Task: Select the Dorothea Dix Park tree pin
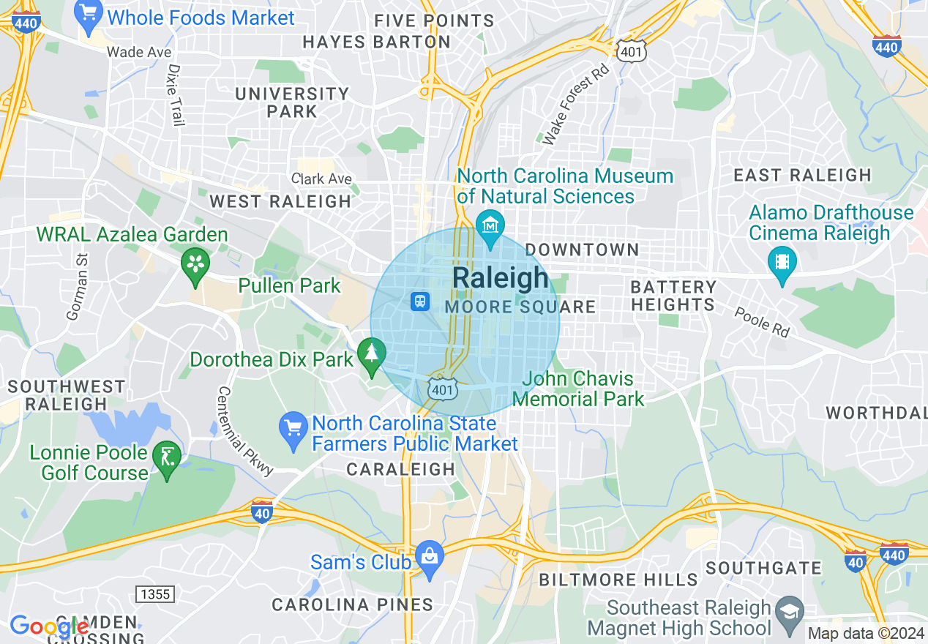(x=372, y=356)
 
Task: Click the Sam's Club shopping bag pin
(x=429, y=559)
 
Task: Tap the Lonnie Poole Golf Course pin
(x=167, y=460)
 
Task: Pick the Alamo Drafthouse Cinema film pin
(x=782, y=263)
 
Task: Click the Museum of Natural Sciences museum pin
(x=490, y=225)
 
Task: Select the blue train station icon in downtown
(x=420, y=301)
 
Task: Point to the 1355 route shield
(x=154, y=594)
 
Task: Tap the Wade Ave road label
(x=139, y=52)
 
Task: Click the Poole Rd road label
(x=762, y=322)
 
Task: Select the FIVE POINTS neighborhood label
(x=419, y=20)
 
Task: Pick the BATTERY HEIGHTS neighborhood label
(x=673, y=296)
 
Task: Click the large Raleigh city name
(x=501, y=278)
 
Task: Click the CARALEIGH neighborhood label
(x=400, y=469)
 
